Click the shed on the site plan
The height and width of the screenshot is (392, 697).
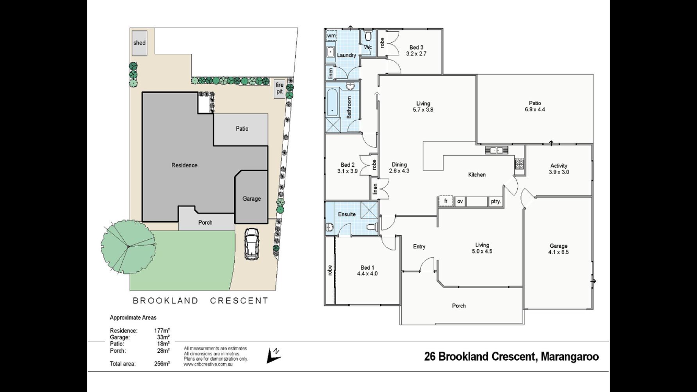point(140,43)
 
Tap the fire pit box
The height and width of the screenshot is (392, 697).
point(280,88)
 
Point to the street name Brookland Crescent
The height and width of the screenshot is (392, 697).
point(200,301)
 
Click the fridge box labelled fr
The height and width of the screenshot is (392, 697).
point(446,201)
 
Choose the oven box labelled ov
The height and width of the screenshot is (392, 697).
point(460,201)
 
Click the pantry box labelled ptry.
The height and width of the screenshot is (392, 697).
point(495,201)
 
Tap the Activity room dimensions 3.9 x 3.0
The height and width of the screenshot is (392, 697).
point(559,172)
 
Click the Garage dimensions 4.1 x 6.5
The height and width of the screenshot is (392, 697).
point(559,252)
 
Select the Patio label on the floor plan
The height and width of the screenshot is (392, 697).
point(535,103)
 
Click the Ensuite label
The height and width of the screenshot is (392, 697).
point(346,214)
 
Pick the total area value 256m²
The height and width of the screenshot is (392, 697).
point(162,364)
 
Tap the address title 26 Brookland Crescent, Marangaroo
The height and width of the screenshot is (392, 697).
point(512,357)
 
